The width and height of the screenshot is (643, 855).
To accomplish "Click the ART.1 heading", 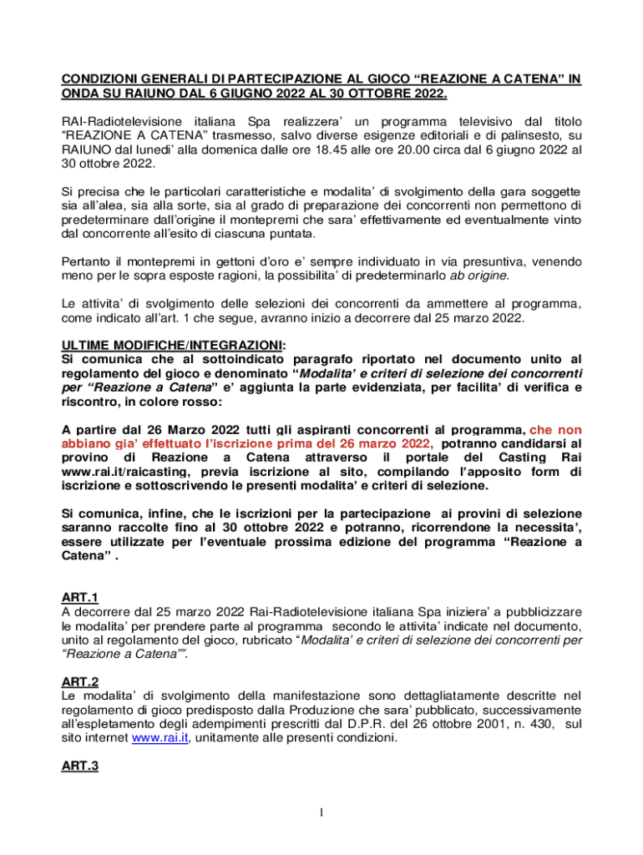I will (x=81, y=597).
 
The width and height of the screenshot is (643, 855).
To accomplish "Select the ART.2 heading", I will (x=81, y=680).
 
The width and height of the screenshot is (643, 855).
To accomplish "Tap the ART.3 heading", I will (x=81, y=765).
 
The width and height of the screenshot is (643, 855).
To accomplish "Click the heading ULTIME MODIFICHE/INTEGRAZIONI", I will (x=172, y=345).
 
